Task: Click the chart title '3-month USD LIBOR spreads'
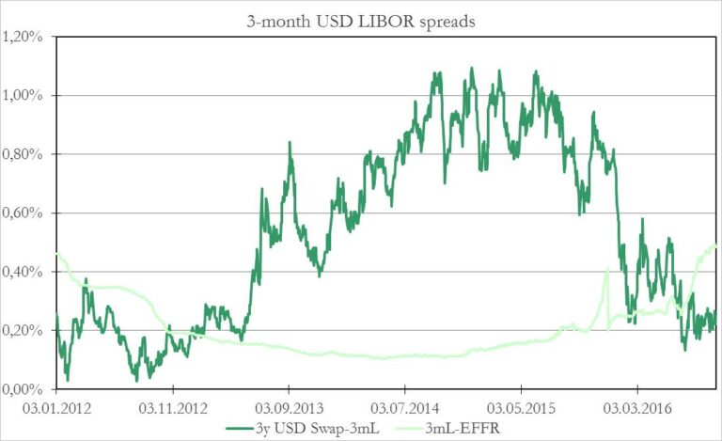(361, 15)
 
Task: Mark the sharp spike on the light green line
(607, 270)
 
